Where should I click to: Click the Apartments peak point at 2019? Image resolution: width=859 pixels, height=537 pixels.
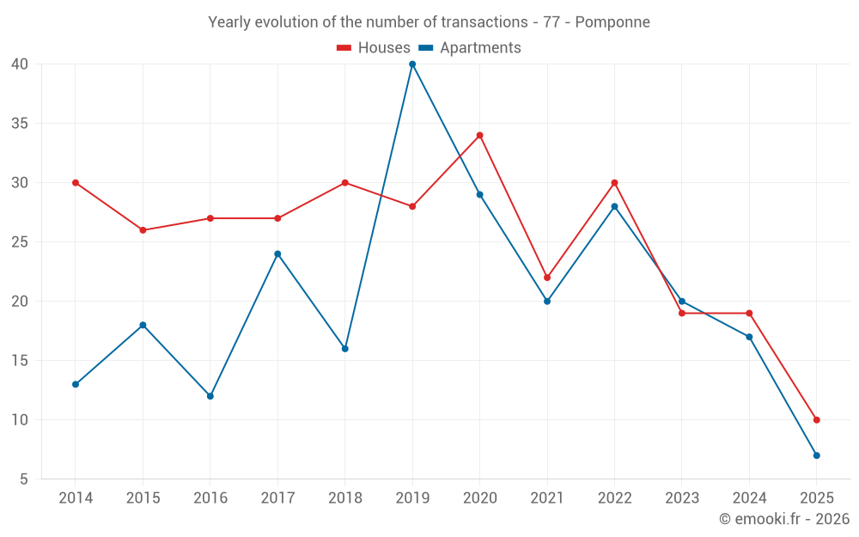412,64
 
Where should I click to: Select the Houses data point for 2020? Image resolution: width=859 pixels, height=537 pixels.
479,135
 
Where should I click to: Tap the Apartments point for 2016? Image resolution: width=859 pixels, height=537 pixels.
210,396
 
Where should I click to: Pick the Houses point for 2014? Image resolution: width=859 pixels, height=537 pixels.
76,182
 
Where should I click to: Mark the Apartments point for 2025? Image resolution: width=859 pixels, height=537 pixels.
816,455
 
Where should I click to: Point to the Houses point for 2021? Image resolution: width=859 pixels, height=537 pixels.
547,278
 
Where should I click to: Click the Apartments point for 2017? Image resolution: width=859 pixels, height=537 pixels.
277,253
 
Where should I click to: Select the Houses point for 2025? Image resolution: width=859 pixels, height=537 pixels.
816,420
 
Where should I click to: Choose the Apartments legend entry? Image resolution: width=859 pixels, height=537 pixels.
479,48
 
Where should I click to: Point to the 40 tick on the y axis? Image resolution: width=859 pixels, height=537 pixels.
20,64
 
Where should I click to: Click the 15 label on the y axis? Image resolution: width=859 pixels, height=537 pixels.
20,361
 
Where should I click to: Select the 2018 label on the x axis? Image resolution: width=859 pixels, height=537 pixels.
344,498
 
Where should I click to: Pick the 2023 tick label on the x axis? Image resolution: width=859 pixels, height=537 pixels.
681,498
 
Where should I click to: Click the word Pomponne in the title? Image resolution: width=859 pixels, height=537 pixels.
612,21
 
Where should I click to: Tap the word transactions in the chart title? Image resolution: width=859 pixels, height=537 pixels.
483,21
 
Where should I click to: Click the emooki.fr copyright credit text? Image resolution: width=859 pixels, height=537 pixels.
784,519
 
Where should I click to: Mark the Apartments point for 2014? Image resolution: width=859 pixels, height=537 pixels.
76,384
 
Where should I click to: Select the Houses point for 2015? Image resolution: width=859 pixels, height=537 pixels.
143,230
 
